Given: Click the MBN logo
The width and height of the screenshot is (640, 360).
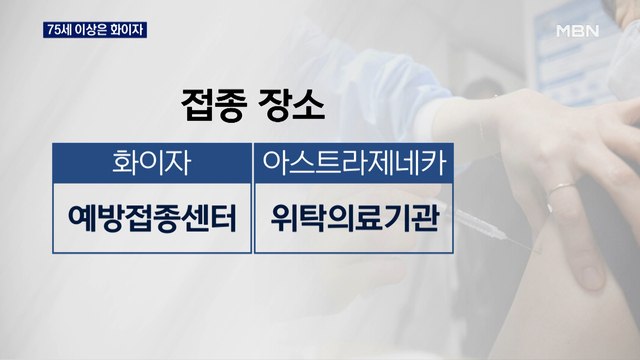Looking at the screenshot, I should [577, 30].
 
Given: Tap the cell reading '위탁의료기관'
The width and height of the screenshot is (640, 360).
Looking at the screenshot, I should [354, 218].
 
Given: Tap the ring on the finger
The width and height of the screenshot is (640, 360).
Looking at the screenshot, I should [563, 188].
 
